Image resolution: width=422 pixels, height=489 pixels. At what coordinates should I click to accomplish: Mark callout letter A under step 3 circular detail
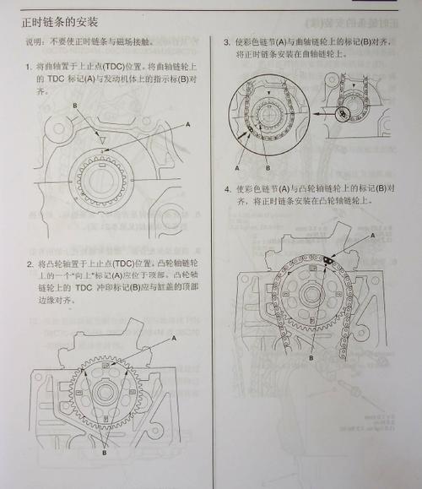click(x=240, y=154)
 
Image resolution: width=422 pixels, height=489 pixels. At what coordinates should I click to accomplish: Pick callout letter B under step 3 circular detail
click(x=267, y=154)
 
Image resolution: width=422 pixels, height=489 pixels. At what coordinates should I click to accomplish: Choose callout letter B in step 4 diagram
click(x=311, y=357)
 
